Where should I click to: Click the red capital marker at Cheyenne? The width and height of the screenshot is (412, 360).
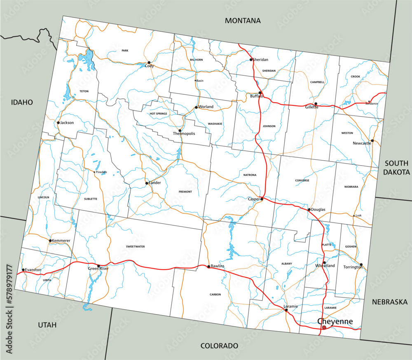(324, 327)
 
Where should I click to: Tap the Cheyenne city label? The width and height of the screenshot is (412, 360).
(335, 321)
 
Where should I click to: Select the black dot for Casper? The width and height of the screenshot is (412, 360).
(262, 199)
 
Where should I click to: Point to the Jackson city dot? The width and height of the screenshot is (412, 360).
(58, 122)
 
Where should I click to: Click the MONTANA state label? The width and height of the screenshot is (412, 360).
(243, 21)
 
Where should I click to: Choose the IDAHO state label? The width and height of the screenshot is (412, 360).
(22, 102)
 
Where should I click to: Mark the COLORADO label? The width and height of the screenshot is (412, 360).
(219, 346)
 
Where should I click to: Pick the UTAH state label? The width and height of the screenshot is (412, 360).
(47, 325)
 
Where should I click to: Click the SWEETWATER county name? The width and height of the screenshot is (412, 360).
(136, 246)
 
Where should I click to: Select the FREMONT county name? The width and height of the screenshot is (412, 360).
(185, 192)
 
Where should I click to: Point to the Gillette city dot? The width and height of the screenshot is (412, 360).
(316, 104)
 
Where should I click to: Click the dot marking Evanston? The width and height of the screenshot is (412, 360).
(23, 270)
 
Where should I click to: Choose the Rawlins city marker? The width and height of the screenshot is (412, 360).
(208, 266)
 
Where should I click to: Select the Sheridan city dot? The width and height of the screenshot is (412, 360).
(251, 60)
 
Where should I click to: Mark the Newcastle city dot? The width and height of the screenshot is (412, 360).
(372, 140)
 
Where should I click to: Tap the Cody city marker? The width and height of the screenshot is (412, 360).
(149, 63)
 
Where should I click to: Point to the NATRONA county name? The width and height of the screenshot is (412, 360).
(249, 175)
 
